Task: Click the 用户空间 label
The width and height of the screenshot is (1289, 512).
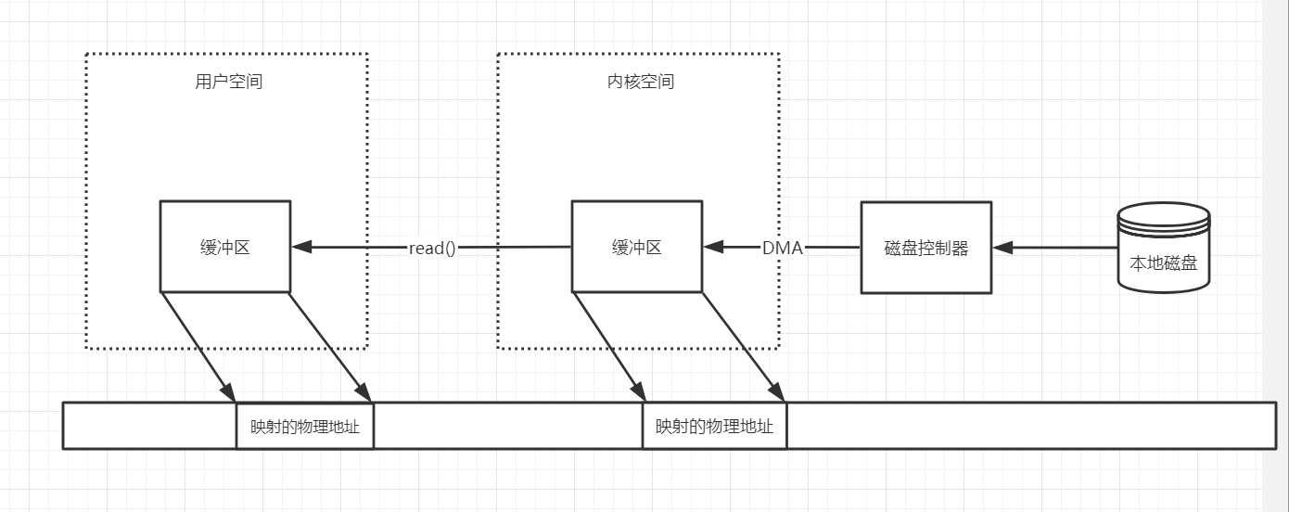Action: (x=228, y=82)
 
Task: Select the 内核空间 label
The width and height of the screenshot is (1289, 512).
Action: (x=634, y=82)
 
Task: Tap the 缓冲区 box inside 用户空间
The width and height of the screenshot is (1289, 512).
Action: (x=225, y=247)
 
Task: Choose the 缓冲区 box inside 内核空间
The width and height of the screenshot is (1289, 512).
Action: (x=636, y=247)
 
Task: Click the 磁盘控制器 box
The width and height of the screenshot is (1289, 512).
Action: (x=925, y=248)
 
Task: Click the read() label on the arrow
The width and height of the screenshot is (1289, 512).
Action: (x=432, y=249)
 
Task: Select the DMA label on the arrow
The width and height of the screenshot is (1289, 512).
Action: (x=782, y=248)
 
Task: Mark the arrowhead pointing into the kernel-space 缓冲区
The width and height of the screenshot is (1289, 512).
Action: (x=713, y=248)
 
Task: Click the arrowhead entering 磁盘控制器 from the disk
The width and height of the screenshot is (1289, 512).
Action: (x=1002, y=248)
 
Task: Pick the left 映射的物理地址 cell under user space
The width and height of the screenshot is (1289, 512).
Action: (x=305, y=427)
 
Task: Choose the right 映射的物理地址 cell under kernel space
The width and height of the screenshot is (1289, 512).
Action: (x=714, y=427)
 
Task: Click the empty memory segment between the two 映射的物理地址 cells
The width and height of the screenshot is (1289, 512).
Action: (x=507, y=427)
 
